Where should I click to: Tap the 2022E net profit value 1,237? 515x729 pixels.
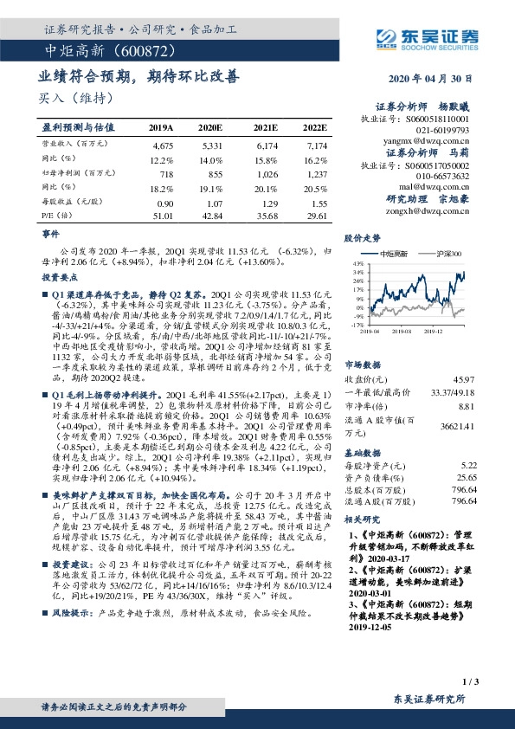click(317, 175)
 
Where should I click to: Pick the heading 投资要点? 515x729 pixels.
click(58, 277)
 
